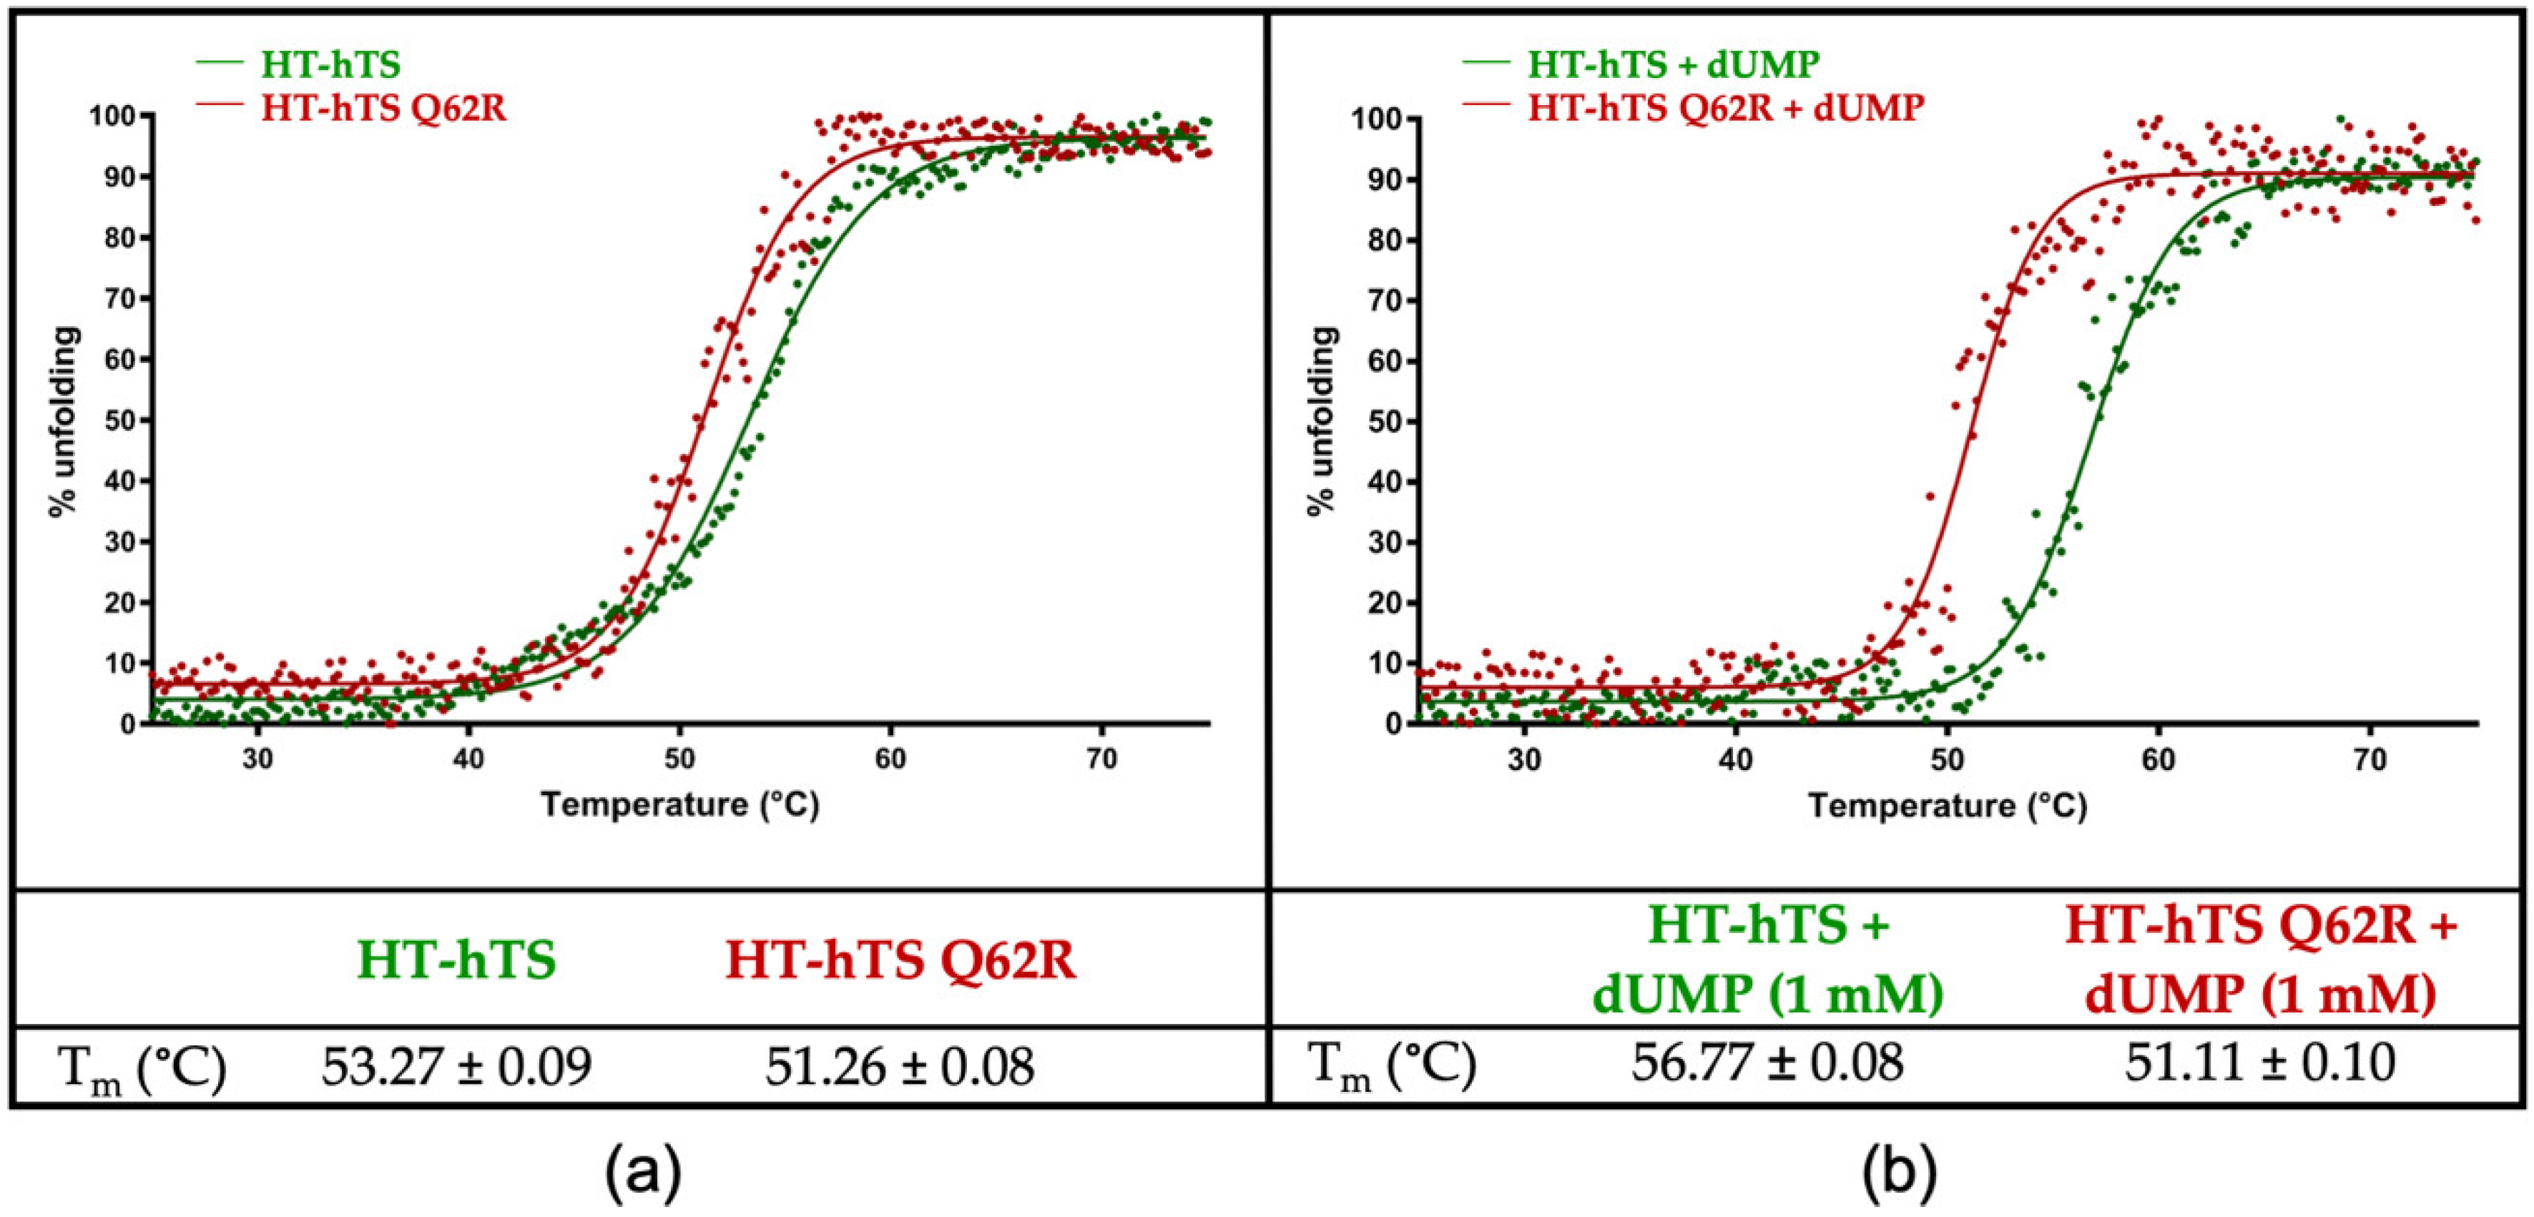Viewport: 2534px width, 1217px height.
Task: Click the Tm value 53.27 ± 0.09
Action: point(456,1065)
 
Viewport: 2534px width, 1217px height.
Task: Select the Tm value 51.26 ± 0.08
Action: point(900,1065)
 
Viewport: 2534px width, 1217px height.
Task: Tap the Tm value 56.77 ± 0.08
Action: point(1768,1063)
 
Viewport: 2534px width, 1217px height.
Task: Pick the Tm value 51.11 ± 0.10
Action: point(2259,1063)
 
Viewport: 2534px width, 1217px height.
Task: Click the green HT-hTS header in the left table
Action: point(456,960)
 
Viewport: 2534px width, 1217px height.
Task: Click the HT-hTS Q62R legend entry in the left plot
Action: point(383,107)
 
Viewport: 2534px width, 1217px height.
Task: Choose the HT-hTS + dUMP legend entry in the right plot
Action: point(1672,64)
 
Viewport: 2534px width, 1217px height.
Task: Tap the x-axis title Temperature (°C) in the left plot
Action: point(679,804)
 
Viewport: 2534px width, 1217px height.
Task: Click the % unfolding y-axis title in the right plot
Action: point(1322,421)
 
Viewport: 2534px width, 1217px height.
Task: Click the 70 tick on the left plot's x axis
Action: point(1101,759)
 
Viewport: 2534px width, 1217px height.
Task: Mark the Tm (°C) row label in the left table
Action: point(142,1068)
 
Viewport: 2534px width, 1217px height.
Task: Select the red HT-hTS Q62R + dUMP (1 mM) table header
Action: point(2259,960)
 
